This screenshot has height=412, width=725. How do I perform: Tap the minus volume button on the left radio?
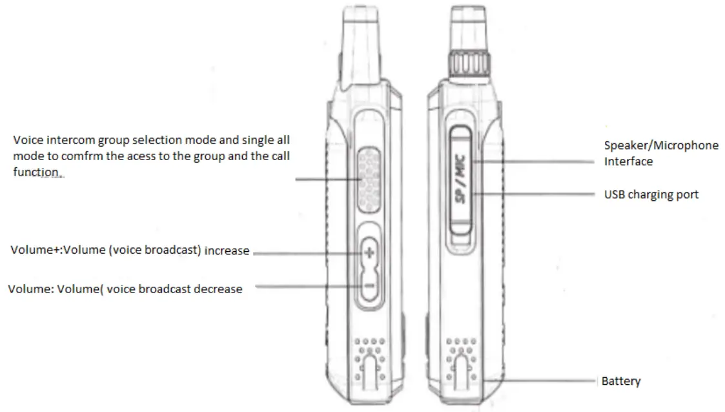[x=369, y=285]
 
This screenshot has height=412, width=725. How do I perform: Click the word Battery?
[x=620, y=381]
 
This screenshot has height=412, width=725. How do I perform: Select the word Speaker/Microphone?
[x=661, y=145]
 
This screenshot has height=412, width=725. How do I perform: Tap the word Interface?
[x=628, y=161]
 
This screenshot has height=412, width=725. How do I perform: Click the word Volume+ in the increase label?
[x=32, y=250]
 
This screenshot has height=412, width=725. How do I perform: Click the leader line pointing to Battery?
[x=542, y=382]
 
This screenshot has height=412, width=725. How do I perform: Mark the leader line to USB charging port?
[x=536, y=193]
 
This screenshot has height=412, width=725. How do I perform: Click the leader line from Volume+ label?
[x=303, y=253]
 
